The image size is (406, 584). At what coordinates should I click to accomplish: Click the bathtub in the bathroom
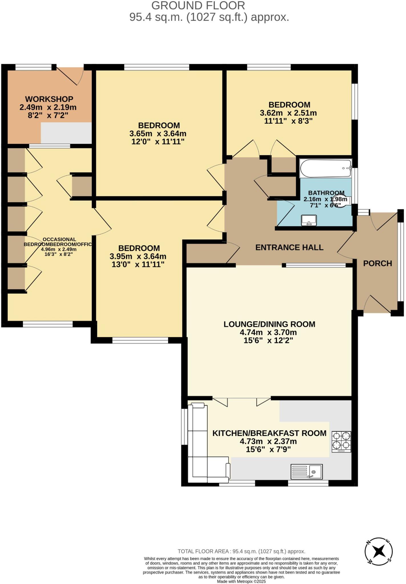coord(325,168)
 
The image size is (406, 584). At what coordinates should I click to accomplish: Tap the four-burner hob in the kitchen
coord(341,442)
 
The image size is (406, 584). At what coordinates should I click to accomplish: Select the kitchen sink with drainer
coord(306,472)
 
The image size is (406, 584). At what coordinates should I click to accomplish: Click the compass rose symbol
coord(379,551)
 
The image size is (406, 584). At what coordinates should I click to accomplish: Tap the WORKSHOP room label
coord(49,99)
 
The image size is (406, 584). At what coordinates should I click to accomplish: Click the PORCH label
coord(377,263)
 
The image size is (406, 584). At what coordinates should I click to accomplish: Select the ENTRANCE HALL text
coord(289,248)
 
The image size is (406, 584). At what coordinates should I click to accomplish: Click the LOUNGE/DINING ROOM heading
coord(269,324)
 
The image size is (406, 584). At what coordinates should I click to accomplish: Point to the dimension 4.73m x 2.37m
coord(268,441)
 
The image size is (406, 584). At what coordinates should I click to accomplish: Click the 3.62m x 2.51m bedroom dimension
coord(288,113)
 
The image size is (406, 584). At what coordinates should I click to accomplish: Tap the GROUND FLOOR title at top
coord(198,6)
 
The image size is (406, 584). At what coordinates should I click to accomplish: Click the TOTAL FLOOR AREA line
coord(241,551)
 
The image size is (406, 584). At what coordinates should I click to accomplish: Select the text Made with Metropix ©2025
coord(241,581)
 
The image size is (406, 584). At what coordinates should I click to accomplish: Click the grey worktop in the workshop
coord(66,133)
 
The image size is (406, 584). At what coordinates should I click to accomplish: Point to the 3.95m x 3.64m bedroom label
coord(138,256)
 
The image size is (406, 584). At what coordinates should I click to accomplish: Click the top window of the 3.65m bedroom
coord(157,67)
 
